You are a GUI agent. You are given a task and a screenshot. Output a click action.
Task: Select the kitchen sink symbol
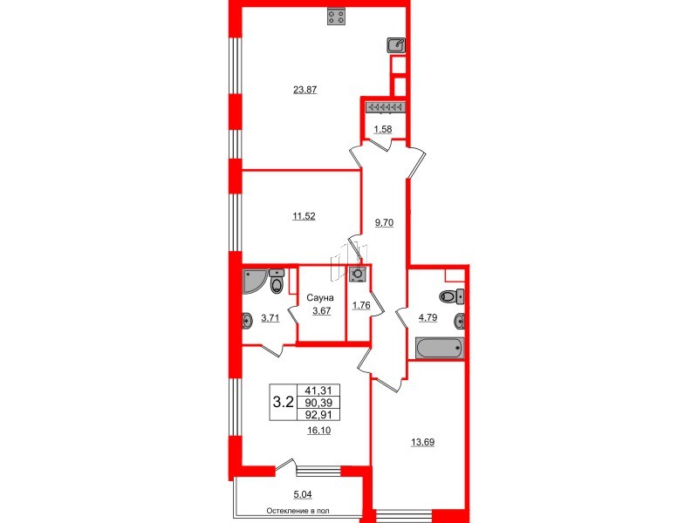click(397, 44)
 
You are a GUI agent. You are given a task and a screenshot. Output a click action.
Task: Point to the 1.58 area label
click(382, 130)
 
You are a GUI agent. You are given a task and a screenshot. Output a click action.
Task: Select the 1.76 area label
click(360, 305)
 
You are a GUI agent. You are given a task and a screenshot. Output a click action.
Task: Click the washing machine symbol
click(358, 274)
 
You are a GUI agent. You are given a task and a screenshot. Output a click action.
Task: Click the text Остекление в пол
click(302, 512)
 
